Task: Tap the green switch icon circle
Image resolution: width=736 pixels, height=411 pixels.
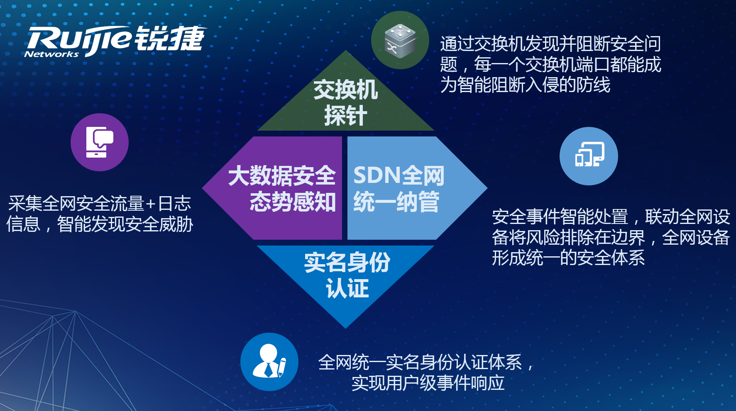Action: pyautogui.click(x=400, y=40)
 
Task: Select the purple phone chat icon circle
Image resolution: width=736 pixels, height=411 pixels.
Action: pyautogui.click(x=100, y=142)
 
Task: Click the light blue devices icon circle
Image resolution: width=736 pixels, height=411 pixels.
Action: pyautogui.click(x=589, y=156)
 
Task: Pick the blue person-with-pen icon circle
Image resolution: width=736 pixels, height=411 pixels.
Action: pyautogui.click(x=269, y=362)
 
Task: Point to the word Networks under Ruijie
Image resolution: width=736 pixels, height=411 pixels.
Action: pyautogui.click(x=51, y=54)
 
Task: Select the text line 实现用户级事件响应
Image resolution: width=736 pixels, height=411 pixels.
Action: pyautogui.click(x=428, y=383)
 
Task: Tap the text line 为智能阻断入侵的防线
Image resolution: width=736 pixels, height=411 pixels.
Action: pyautogui.click(x=525, y=85)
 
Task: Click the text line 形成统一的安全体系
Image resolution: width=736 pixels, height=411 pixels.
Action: pyautogui.click(x=568, y=258)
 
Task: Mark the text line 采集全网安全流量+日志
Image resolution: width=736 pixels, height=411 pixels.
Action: pyautogui.click(x=100, y=204)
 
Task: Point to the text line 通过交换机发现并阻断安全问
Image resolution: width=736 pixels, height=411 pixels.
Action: pyautogui.click(x=550, y=44)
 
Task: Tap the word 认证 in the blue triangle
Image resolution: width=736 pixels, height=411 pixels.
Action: pyautogui.click(x=347, y=288)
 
